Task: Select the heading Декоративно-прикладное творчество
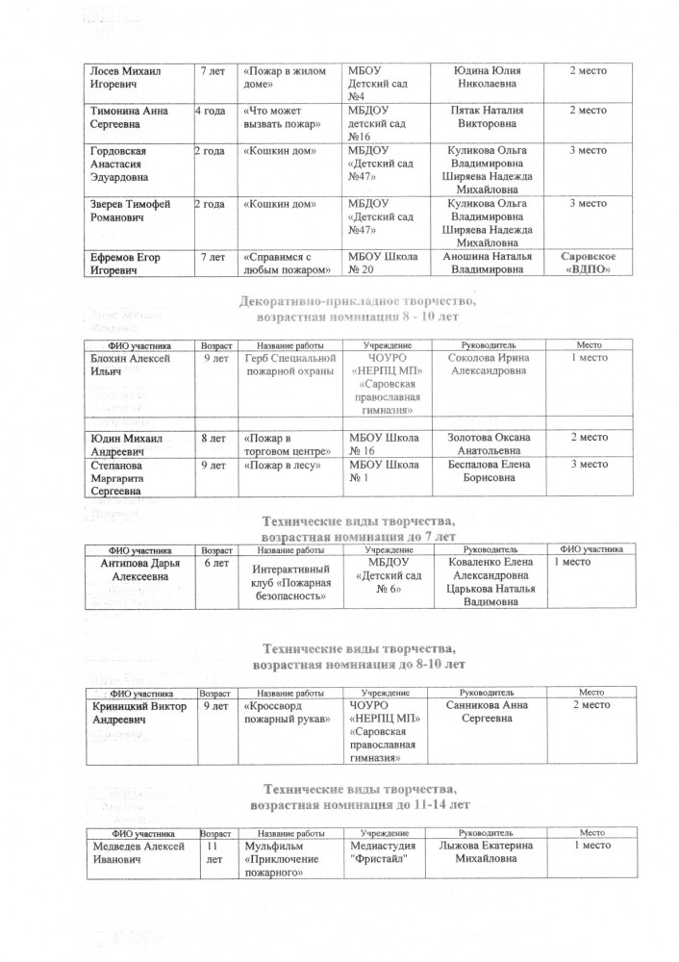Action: (x=366, y=306)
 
